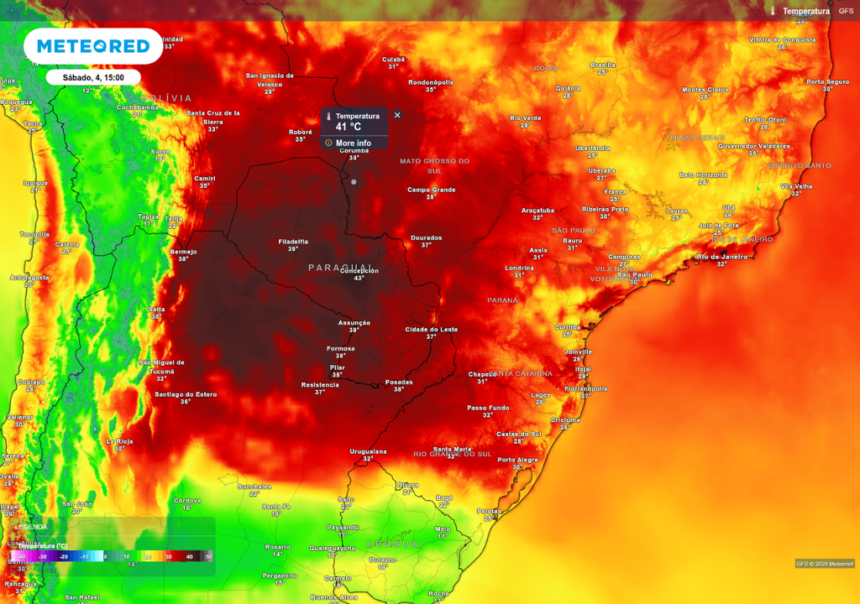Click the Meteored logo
tap(92, 46)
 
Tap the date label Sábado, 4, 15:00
tap(93, 77)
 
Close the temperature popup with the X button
tap(397, 115)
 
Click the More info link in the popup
tap(353, 143)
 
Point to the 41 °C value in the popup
tap(348, 128)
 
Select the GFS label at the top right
tap(845, 11)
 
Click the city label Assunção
tap(354, 322)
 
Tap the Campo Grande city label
tap(431, 190)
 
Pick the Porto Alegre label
tap(517, 460)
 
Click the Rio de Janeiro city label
tap(722, 257)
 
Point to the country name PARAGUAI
tap(340, 267)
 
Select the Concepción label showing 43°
tap(359, 271)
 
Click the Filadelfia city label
tap(293, 242)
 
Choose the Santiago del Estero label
tap(186, 393)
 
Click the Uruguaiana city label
tap(368, 451)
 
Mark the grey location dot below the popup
tap(354, 182)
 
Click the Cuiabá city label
tap(393, 59)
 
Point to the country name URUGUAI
tap(395, 544)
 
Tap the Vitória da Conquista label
tap(782, 39)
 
